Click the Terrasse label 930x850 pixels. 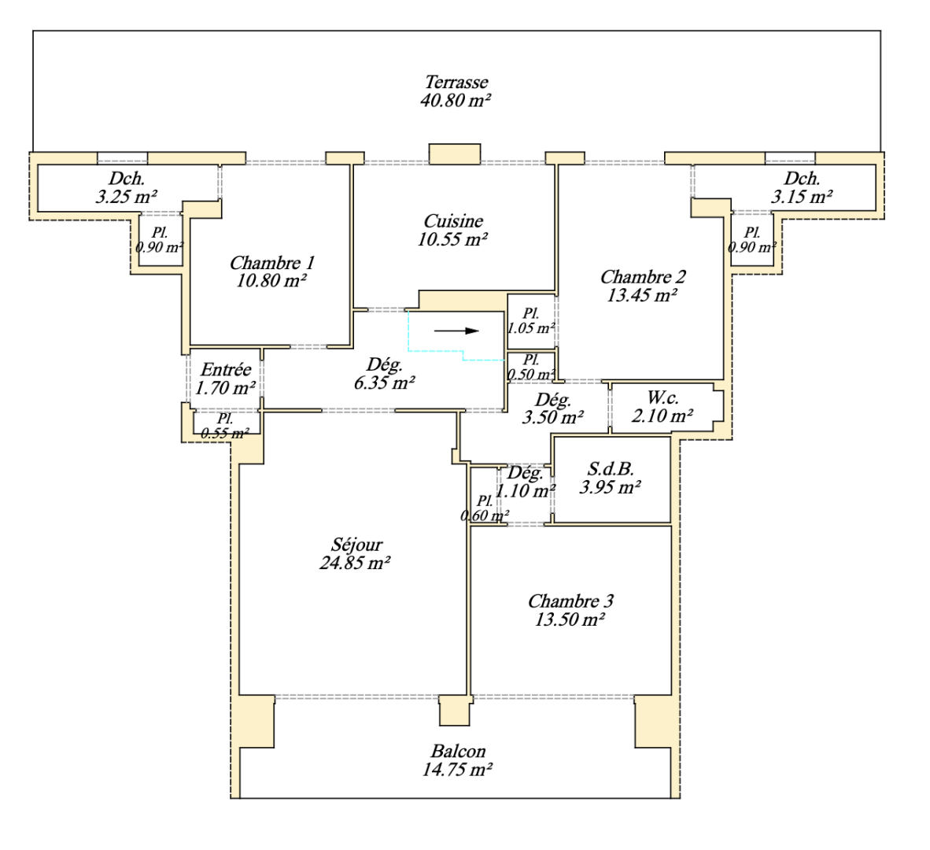456,82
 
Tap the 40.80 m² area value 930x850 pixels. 456,101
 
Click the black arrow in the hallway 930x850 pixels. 456,331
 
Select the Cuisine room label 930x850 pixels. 453,221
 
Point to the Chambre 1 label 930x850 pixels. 271,263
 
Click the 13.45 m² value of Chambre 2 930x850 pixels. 642,296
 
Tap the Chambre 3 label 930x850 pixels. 570,601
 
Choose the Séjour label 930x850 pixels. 356,545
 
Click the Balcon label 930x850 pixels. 458,752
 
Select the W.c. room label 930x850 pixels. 662,398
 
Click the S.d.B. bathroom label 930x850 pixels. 611,469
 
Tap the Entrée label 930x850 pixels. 226,369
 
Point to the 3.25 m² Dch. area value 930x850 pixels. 126,197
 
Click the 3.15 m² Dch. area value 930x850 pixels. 801,197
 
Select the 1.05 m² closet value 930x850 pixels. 531,328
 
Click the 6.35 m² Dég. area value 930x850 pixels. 385,383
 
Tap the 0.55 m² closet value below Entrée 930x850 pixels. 224,433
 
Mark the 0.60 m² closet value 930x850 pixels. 484,516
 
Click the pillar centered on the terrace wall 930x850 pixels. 454,153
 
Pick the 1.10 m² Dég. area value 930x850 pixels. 526,491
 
